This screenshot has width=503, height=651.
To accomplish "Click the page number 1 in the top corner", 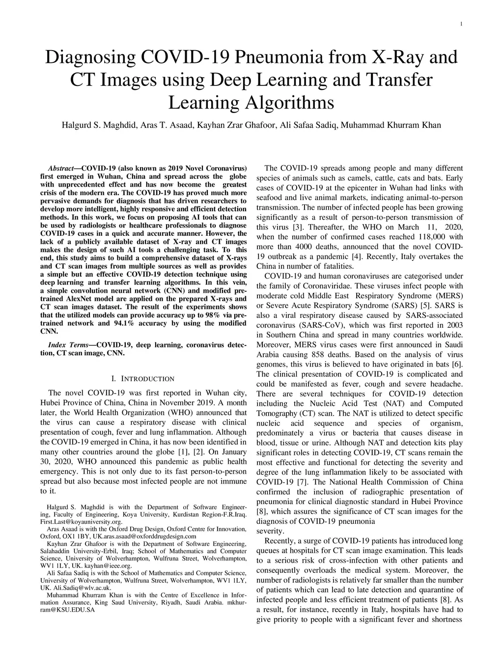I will pyautogui.click(x=462, y=25).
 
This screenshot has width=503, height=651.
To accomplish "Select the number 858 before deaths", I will pyautogui.click(x=321, y=354).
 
